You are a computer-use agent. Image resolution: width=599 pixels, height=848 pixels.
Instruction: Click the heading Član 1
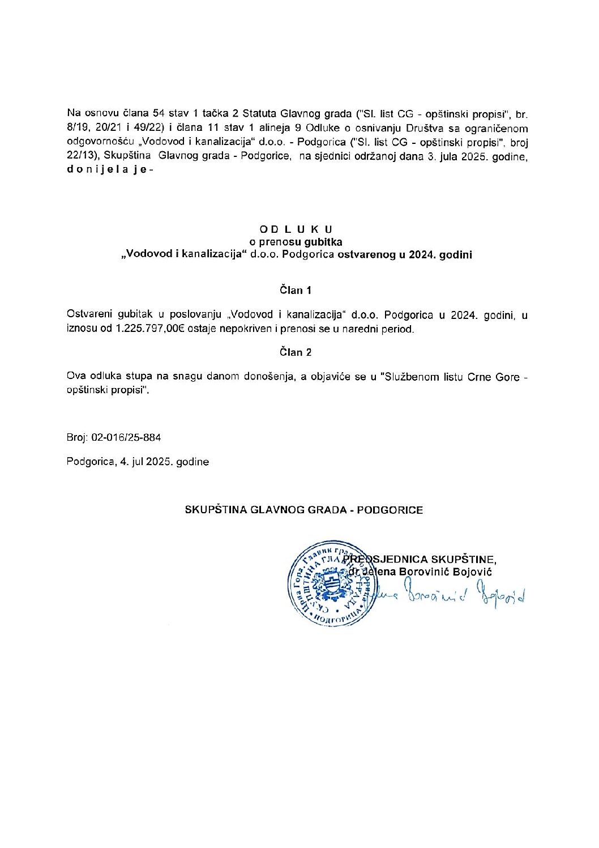[x=296, y=291]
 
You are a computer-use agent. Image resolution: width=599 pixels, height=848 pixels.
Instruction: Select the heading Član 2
[x=296, y=352]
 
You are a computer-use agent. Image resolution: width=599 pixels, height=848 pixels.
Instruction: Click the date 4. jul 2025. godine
[x=164, y=462]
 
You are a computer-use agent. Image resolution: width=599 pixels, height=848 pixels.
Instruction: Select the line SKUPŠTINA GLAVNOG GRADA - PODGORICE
[x=304, y=510]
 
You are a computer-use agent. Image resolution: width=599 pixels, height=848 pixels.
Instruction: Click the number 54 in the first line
[x=151, y=113]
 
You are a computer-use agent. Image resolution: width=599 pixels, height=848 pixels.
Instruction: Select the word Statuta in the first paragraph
[x=260, y=113]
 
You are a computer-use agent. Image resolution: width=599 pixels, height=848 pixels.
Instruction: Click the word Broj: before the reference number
[x=77, y=438]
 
